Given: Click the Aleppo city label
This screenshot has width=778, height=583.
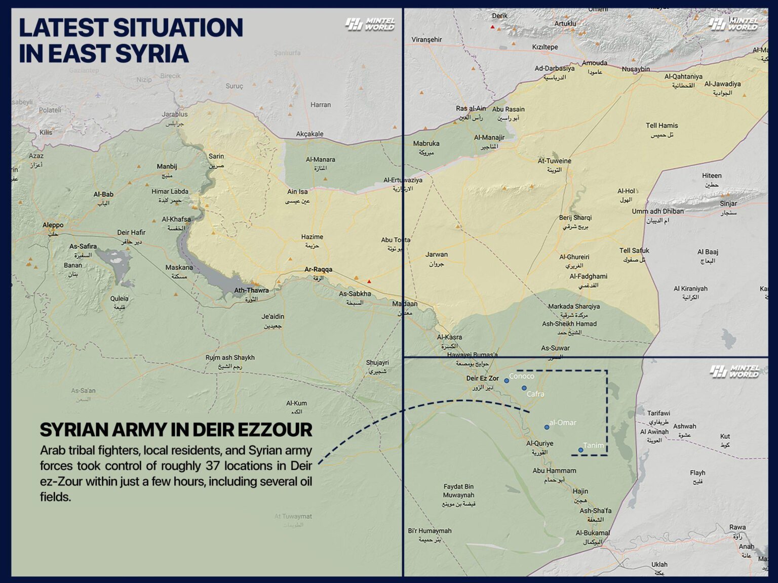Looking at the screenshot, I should coord(53,225).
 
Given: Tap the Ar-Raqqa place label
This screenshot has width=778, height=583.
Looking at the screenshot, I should coord(318,270).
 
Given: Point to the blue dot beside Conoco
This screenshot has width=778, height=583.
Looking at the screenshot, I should coord(506,381).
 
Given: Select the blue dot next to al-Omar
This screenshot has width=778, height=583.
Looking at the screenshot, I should coord(547,427).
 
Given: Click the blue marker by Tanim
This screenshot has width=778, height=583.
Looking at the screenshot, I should coord(580,450).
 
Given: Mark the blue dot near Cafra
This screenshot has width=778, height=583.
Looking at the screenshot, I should coord(524,388).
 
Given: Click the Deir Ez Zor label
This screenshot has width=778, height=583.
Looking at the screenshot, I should coord(482,379).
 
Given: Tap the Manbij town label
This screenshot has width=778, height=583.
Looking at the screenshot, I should coord(167,166).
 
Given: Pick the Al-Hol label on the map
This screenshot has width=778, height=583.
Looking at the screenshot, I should coord(626,191).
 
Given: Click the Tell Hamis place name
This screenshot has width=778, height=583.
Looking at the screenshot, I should coord(662,126).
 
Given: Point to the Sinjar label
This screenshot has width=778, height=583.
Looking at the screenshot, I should coord(728,203).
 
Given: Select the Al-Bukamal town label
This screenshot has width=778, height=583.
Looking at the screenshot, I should coord(593,533).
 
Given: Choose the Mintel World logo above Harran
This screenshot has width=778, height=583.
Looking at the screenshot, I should coord(370,24).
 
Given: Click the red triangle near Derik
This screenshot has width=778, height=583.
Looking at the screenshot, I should coord(492,27).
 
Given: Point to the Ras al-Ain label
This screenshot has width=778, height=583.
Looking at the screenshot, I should coord(471,108).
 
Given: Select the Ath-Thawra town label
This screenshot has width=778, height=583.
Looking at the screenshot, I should coord(251,290).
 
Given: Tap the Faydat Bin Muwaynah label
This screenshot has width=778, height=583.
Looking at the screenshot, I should coord(458,491).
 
